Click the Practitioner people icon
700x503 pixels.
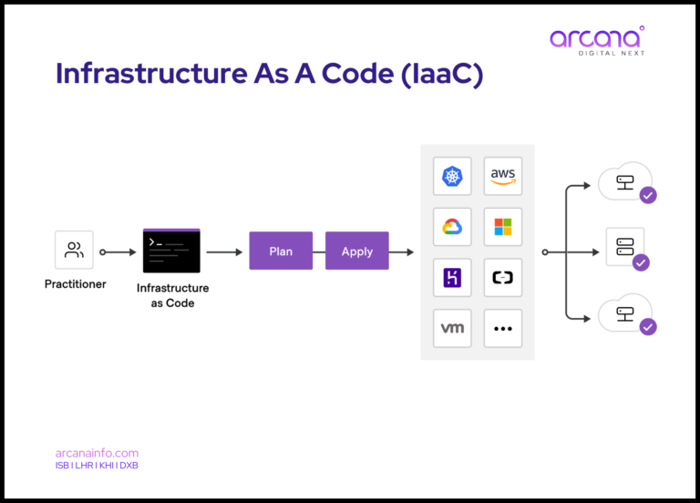(75, 250)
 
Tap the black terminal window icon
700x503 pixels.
(171, 251)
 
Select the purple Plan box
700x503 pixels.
(281, 251)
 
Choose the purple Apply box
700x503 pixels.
(356, 251)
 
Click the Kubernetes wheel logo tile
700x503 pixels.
(452, 176)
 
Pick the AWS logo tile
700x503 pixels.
(503, 176)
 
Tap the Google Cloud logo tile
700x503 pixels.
(452, 226)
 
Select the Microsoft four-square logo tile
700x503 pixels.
(503, 226)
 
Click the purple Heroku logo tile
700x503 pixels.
(452, 277)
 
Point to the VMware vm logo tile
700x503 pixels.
(452, 328)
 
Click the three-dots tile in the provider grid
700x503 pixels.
(503, 328)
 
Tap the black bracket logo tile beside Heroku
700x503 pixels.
(503, 277)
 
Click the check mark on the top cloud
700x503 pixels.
(648, 195)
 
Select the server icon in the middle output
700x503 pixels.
(625, 245)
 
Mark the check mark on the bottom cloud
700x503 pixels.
(648, 326)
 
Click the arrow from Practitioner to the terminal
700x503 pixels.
(118, 251)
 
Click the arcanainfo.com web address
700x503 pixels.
(98, 453)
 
